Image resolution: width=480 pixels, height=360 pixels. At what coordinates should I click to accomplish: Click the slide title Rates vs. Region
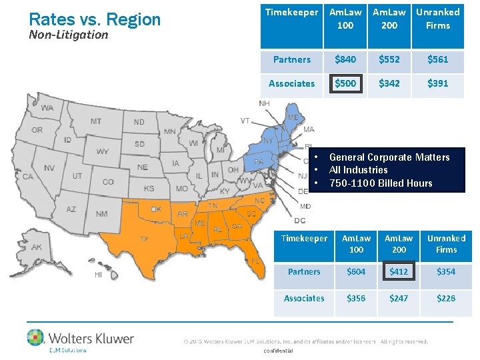[95, 19]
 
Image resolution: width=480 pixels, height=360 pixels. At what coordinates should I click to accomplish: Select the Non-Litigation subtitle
[69, 35]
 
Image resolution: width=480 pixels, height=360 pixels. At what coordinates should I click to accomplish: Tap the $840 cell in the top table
[345, 59]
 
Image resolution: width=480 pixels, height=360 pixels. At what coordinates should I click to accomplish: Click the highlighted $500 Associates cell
[345, 83]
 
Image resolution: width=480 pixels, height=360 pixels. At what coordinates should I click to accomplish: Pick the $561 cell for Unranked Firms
[437, 59]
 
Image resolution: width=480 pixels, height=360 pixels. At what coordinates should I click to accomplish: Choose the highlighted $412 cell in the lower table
[399, 272]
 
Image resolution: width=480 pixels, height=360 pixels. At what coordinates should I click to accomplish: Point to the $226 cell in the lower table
[446, 298]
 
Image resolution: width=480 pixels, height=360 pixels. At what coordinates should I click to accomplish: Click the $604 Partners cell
[356, 272]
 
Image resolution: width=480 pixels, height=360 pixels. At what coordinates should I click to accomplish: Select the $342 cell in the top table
[389, 83]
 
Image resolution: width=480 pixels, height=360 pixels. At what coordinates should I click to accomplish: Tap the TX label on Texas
[144, 238]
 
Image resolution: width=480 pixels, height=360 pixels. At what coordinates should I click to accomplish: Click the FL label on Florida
[255, 261]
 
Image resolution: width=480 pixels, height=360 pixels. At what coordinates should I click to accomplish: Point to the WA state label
[47, 108]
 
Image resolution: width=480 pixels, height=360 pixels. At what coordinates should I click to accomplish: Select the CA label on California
[28, 177]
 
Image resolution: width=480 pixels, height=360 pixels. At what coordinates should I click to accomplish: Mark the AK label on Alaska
[37, 247]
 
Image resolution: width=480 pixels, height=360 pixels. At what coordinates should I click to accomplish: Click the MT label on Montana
[96, 121]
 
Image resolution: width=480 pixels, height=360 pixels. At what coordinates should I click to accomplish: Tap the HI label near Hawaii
[98, 275]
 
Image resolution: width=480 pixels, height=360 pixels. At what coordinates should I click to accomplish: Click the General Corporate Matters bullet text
[389, 157]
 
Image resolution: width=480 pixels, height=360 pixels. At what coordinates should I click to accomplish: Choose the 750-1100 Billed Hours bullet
[381, 183]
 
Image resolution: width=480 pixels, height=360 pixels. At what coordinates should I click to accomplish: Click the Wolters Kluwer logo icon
[35, 337]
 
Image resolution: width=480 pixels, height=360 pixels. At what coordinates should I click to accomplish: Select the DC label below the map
[300, 221]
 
